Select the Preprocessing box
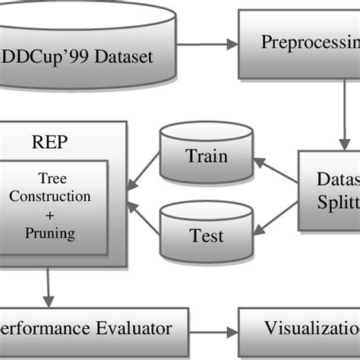(x=304, y=43)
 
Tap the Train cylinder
(x=206, y=158)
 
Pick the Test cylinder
(x=206, y=235)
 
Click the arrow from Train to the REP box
(x=143, y=171)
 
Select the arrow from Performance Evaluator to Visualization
(x=213, y=333)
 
